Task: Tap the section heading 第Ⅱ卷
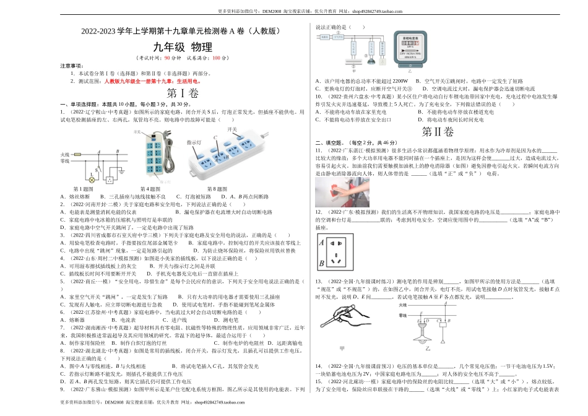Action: tap(437, 132)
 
